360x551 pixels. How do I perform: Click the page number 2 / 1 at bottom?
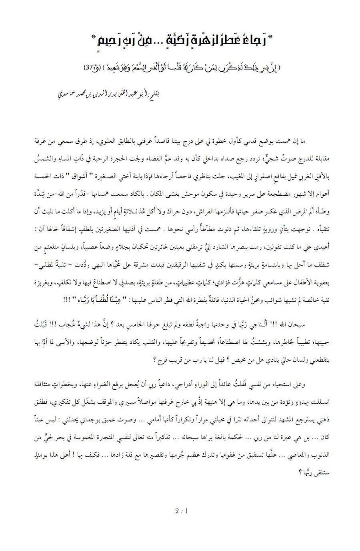pos(181,511)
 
